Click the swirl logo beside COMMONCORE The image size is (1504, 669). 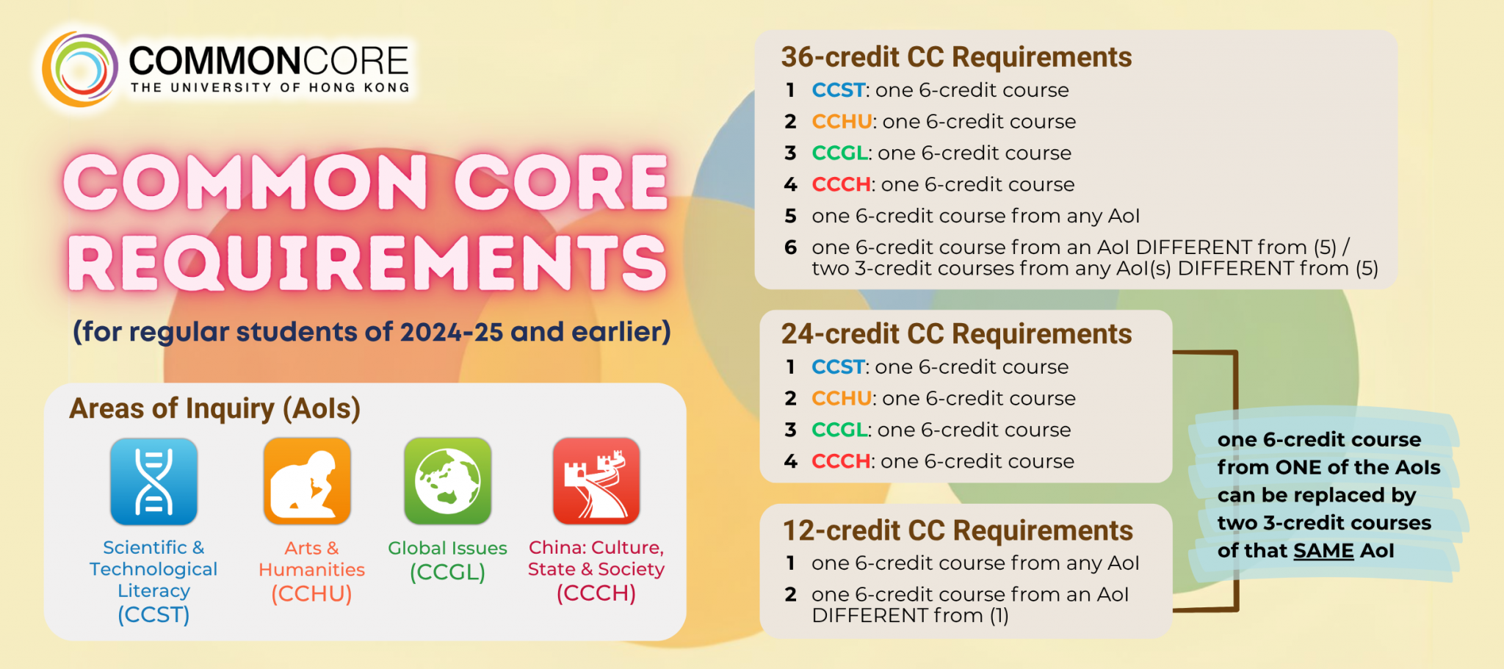pos(80,69)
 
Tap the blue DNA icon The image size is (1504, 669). pos(153,482)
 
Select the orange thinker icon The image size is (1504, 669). pos(307,482)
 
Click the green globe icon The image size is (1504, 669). pos(448,482)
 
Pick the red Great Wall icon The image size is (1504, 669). pos(596,482)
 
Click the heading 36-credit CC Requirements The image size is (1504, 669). pos(956,57)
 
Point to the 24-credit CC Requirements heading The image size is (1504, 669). pos(956,334)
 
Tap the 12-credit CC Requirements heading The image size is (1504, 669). pos(958,531)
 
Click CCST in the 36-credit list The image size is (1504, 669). pos(838,90)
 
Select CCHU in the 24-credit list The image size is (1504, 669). pos(842,399)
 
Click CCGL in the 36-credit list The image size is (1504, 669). pos(839,153)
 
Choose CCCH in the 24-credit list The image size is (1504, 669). pos(841,462)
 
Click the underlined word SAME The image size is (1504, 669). pos(1323,551)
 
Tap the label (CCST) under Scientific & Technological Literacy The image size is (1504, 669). pos(153,615)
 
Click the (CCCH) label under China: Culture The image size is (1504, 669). pos(596,593)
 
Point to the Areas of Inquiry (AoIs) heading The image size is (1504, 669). pos(214,409)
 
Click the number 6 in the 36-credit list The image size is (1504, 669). pos(790,247)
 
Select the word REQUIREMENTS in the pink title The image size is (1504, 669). pos(367,263)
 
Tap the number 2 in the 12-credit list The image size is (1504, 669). pos(790,595)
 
